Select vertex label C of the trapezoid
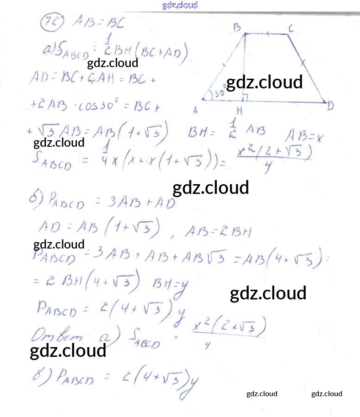291,29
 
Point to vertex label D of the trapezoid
330,106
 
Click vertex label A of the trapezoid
196,110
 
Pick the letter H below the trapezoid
239,111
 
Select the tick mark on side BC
268,33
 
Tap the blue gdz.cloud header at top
180,5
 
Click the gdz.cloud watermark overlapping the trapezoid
264,82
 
